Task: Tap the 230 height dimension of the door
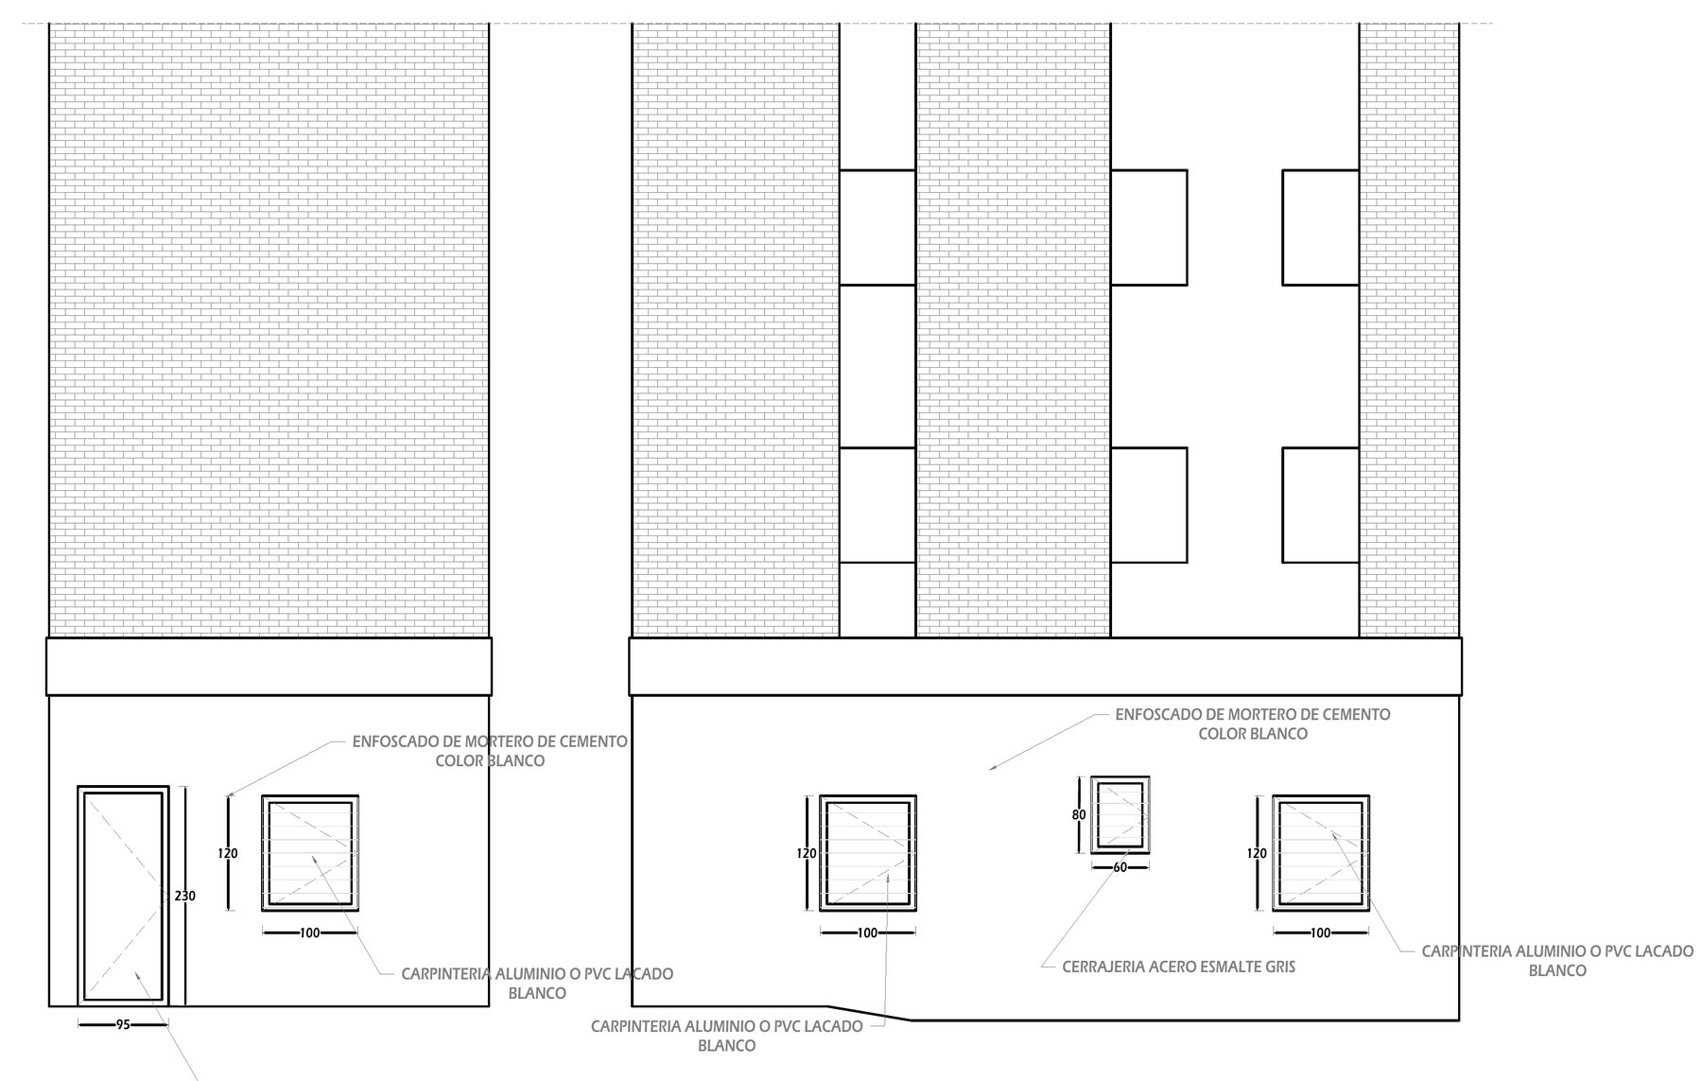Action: pos(185,896)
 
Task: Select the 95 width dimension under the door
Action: pos(122,1023)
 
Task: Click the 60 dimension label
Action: pos(1120,867)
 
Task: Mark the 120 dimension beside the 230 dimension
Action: pos(228,853)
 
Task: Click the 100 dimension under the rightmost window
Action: pos(1321,933)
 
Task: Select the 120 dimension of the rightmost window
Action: pos(1257,853)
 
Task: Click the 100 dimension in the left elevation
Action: pos(310,933)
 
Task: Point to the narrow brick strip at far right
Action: pos(1409,330)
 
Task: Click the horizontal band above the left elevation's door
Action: pos(269,667)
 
